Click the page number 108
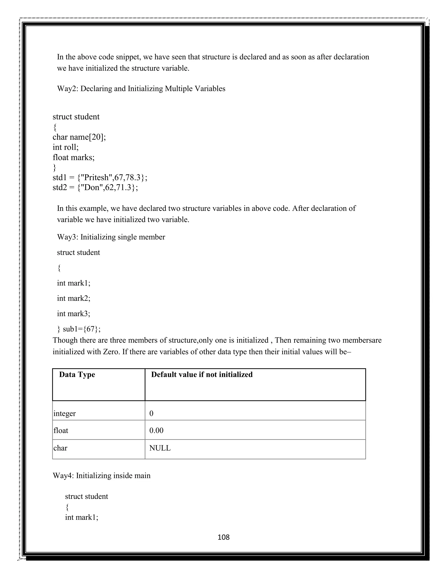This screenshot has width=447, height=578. tap(223, 537)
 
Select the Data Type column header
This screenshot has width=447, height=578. tap(77, 375)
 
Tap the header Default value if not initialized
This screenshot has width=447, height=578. tap(202, 375)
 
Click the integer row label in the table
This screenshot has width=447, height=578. tap(65, 413)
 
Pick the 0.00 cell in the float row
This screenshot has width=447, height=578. tap(156, 430)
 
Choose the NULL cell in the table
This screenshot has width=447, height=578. tap(160, 448)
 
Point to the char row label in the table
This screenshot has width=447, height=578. tap(60, 448)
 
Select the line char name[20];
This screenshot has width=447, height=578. tap(79, 137)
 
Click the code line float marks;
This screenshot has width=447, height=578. tap(74, 157)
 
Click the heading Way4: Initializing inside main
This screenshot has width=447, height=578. tap(101, 475)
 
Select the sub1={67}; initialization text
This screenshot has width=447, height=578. tap(82, 329)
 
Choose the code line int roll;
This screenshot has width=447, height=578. tap(66, 147)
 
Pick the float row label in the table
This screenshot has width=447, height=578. tap(61, 430)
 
